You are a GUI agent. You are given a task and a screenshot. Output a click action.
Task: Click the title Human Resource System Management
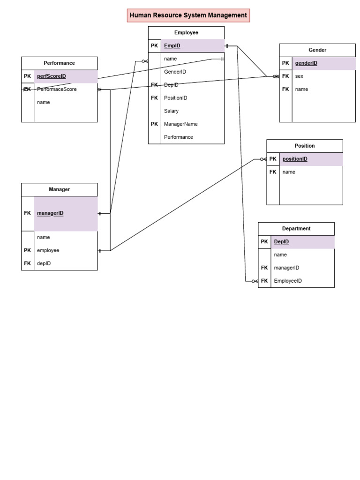coord(188,15)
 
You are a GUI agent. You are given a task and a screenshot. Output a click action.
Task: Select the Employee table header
coord(186,33)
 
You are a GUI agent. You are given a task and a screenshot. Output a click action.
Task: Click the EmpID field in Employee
coord(172,46)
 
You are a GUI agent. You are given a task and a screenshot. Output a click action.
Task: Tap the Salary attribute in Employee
coord(171,111)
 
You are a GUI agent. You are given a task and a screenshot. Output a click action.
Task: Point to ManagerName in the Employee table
coord(180,124)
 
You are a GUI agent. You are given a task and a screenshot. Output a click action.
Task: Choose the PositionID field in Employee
coord(175,98)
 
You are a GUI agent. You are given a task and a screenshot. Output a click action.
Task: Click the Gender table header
coord(317,50)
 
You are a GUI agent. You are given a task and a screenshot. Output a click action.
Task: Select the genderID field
coord(306,63)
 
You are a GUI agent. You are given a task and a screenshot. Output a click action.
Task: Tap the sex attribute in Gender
coord(299,76)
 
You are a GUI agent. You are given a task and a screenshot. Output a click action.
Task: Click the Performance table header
coord(60,63)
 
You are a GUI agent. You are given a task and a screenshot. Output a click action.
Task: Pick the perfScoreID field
coord(52,76)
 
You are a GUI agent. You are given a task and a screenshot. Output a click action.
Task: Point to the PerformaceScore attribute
coord(57,89)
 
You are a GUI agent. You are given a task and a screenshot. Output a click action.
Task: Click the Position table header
coord(305,146)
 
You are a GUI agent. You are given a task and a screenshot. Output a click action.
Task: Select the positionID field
coord(295,159)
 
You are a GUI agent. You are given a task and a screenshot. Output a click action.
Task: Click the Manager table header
coord(60,189)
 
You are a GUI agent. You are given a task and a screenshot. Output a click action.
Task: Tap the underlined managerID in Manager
coord(50,213)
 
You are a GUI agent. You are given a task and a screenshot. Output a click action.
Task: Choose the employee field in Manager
coord(48,250)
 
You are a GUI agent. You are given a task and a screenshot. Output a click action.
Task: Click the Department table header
coord(296,229)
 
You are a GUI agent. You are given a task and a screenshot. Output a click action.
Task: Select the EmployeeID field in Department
coord(288,281)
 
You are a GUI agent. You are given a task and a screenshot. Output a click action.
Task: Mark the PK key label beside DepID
coord(264,242)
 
